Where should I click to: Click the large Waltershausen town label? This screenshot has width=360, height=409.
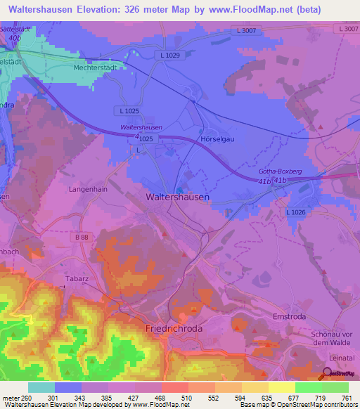click(176, 197)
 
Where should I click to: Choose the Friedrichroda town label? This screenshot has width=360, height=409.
click(173, 328)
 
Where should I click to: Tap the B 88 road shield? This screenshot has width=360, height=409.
click(82, 238)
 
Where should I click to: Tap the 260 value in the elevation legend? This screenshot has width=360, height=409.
click(26, 398)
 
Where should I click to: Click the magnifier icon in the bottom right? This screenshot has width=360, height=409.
click(326, 373)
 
